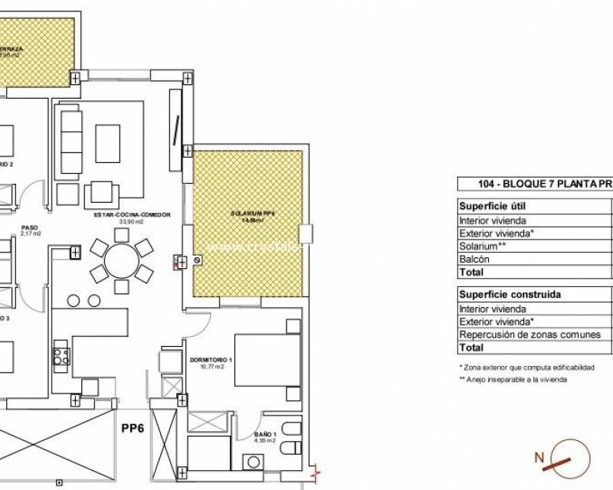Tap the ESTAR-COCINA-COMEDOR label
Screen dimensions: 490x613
[x=132, y=215]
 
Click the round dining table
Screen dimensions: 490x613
[x=121, y=261]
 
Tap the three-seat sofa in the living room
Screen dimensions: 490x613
[x=71, y=142]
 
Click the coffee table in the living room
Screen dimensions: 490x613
[x=107, y=143]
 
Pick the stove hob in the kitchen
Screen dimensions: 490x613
[x=61, y=356]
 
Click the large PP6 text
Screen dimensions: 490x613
[x=133, y=429]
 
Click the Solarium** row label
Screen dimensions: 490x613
[x=483, y=247]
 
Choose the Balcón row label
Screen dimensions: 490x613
[x=475, y=260]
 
